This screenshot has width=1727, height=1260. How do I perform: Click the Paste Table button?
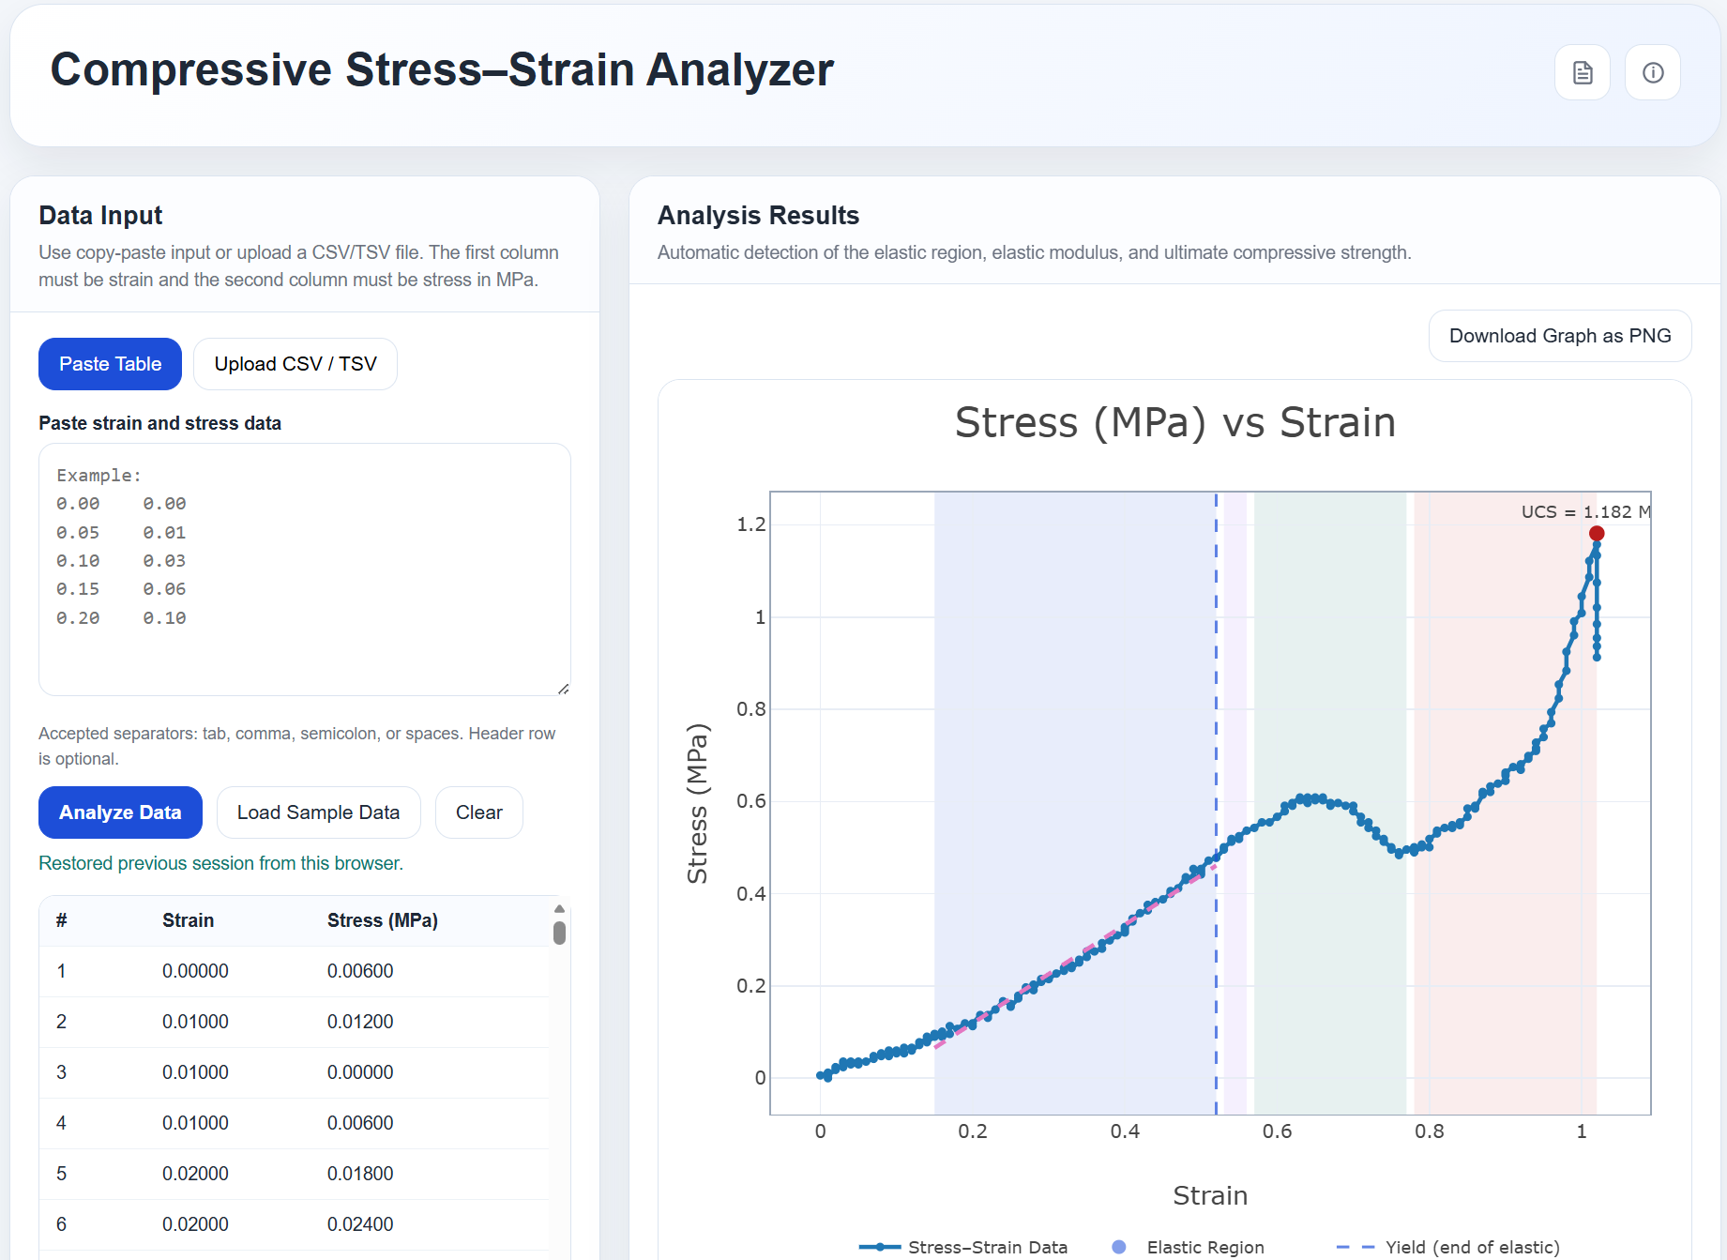(110, 364)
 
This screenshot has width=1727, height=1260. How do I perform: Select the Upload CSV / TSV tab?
(295, 364)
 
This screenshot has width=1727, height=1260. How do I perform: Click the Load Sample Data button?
(318, 812)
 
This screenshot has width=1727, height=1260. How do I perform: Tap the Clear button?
(478, 812)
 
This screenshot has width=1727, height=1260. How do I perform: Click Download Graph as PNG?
(1559, 336)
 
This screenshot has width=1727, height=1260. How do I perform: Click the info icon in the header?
(1652, 72)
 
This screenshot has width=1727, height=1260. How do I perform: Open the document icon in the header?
(1582, 72)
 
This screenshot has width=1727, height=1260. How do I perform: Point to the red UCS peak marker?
(1596, 533)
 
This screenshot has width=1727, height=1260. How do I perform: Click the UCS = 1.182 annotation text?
(1583, 511)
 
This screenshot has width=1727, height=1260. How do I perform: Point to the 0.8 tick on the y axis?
(750, 709)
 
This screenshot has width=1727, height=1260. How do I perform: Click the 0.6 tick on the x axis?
(1277, 1131)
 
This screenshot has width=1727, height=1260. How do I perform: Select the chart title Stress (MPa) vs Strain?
(1174, 422)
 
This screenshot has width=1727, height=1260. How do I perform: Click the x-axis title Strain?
(1209, 1195)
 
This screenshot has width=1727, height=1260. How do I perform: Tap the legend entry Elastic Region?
(1204, 1247)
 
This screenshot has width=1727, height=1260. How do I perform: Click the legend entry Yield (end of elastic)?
(1471, 1247)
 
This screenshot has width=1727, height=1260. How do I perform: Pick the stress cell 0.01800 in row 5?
(360, 1174)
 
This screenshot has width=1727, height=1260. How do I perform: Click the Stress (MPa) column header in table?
(382, 920)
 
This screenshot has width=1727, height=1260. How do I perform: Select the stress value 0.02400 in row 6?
(360, 1224)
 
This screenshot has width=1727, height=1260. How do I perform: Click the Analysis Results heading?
(758, 216)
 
